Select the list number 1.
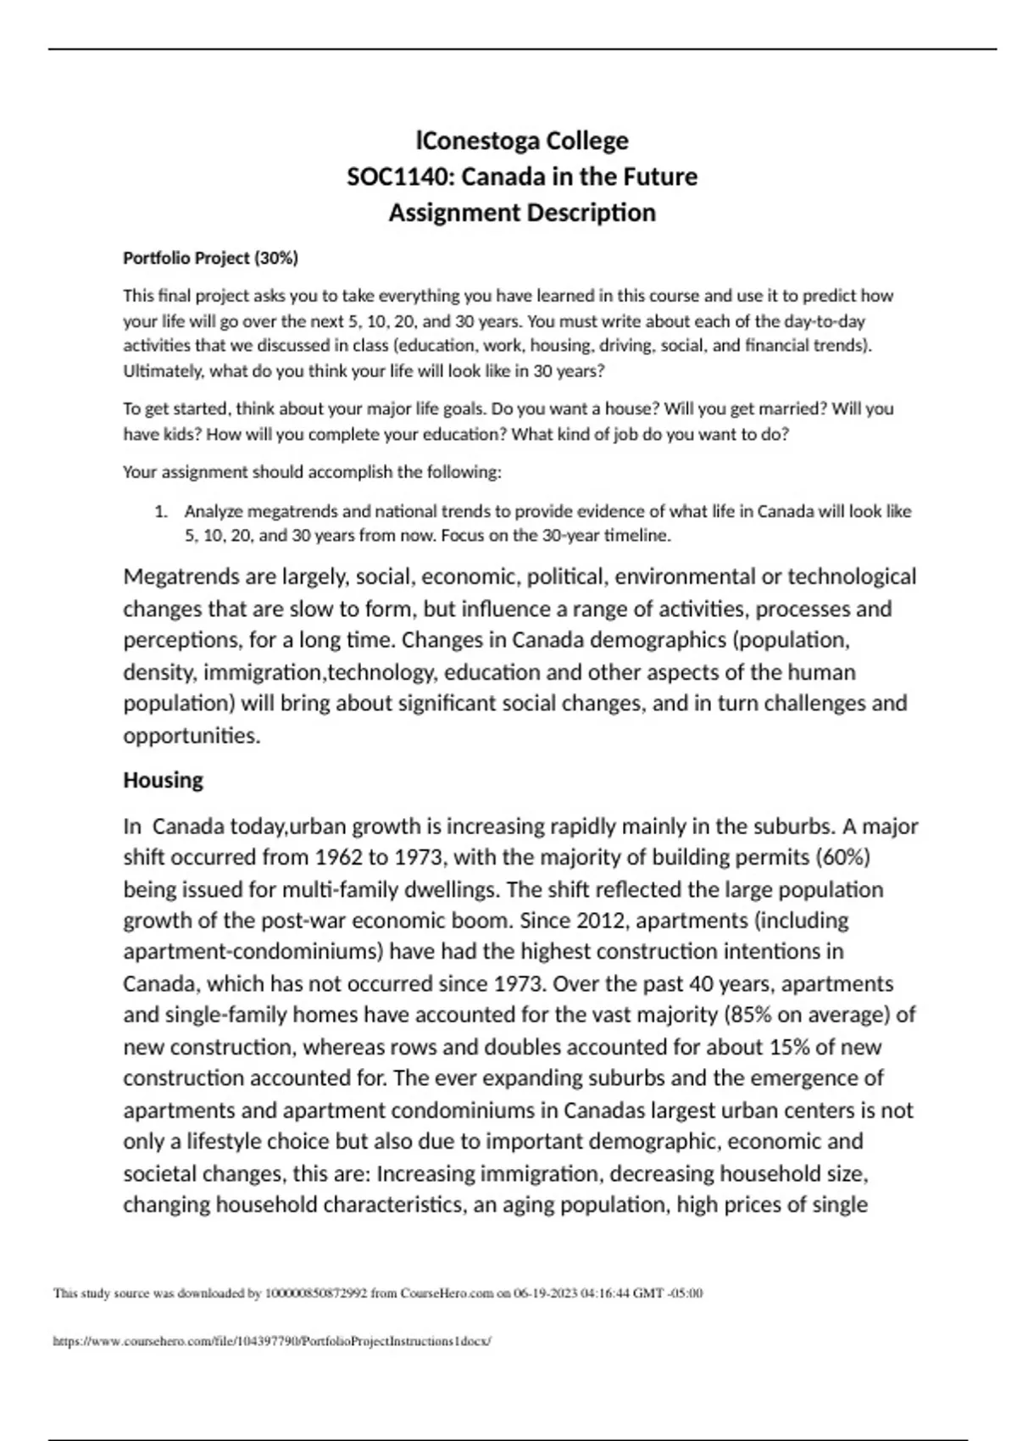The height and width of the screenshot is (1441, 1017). [160, 511]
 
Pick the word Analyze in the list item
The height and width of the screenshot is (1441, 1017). [213, 511]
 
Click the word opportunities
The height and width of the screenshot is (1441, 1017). [192, 736]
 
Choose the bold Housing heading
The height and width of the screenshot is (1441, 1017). [164, 780]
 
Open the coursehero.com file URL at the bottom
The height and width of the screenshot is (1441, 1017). [272, 1341]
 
